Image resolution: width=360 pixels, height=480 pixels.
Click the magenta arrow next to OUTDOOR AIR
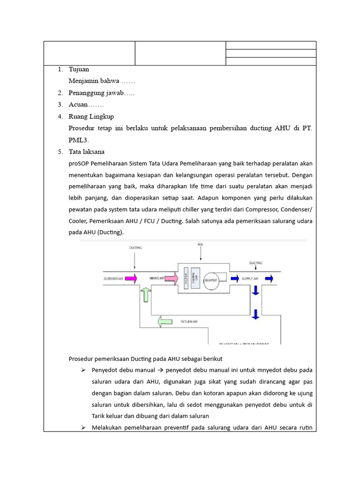131,279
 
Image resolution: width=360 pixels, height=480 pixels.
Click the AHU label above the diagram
201,245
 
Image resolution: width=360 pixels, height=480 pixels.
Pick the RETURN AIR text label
189,322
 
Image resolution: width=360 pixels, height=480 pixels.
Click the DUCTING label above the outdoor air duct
135,247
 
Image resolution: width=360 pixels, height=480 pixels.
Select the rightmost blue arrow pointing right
270,278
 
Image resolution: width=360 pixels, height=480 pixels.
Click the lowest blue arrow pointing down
255,314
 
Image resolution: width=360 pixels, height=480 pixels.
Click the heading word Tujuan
79,69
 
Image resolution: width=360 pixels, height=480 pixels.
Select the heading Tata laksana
87,152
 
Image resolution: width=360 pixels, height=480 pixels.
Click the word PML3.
78,140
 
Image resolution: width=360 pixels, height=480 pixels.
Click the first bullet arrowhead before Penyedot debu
82,370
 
